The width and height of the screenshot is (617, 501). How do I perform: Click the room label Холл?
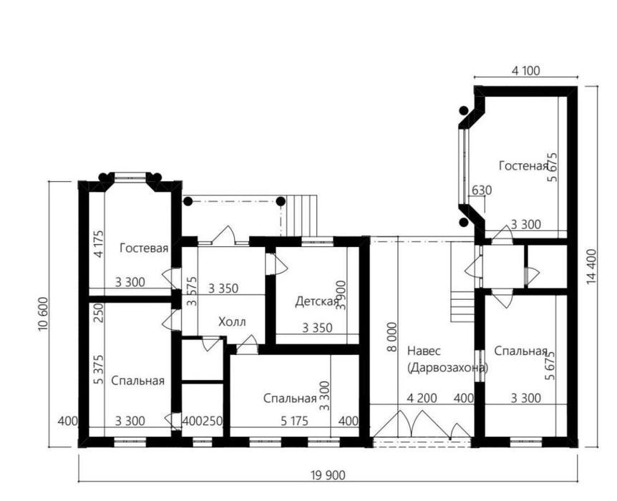click(x=232, y=322)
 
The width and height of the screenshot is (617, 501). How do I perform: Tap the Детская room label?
click(x=317, y=302)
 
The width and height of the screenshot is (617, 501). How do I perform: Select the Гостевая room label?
click(x=144, y=248)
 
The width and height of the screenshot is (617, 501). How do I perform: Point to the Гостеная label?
click(x=523, y=166)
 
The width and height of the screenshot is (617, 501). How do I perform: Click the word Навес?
click(x=424, y=351)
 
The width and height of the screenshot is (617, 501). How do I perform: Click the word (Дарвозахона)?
click(x=448, y=368)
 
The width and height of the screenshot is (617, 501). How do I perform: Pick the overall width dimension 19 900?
click(x=328, y=476)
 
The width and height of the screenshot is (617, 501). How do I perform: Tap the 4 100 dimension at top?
click(x=525, y=71)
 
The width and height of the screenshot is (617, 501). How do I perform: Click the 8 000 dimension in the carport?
click(x=392, y=337)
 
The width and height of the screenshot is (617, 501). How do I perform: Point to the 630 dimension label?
click(x=482, y=190)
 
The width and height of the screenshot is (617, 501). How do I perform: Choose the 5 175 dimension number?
click(x=295, y=422)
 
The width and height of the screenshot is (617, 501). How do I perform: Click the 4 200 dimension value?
click(x=422, y=398)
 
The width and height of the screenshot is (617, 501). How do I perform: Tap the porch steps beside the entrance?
click(x=302, y=215)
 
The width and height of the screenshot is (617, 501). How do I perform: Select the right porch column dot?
click(x=281, y=202)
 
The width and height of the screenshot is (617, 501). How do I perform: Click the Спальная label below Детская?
click(x=290, y=399)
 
